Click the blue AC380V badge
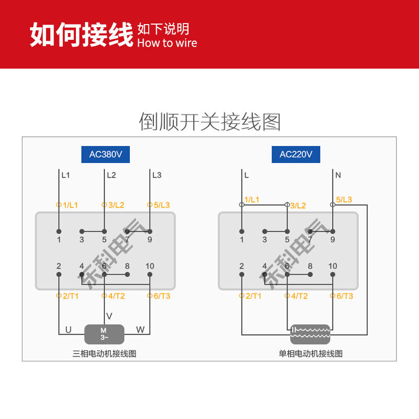pos(106,155)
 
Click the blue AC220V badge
pos(296,155)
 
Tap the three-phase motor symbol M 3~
pos(104,334)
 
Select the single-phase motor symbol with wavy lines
pos(310,334)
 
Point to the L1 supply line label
pos(65,175)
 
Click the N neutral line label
pos(338,175)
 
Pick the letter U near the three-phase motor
pos(69,330)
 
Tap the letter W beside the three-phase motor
pos(140,330)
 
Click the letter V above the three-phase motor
pos(109,316)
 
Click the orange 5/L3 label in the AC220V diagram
pos(344,200)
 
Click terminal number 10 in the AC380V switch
pos(150,266)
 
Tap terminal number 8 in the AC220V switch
pos(310,266)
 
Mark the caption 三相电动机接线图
pos(104,354)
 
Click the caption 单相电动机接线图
pos(311,354)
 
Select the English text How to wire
pos(167,43)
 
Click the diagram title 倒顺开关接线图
pos(210,122)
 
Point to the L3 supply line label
pos(157,175)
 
